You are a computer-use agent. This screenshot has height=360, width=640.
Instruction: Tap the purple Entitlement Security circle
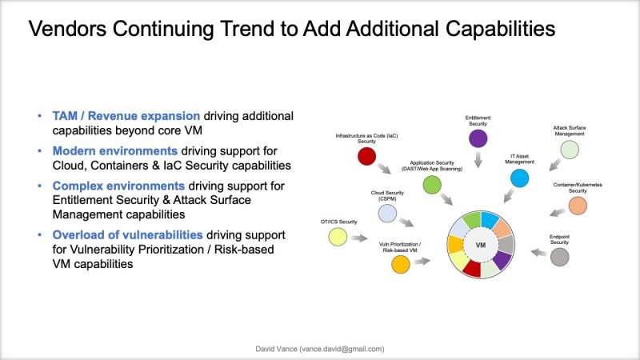478,138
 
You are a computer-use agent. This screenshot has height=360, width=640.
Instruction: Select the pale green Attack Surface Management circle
570,150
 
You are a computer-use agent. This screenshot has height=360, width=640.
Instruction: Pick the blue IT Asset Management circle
520,178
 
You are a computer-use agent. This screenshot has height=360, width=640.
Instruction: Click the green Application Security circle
432,185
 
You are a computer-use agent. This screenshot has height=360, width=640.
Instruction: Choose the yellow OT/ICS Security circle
338,237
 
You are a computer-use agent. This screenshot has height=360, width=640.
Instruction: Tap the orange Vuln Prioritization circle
400,263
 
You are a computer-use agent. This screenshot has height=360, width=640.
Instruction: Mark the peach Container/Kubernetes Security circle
578,205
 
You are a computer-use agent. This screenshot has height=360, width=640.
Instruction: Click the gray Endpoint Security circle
560,256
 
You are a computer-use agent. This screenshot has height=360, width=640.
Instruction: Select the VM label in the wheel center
481,244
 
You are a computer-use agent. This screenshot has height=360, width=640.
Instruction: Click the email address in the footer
348,350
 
